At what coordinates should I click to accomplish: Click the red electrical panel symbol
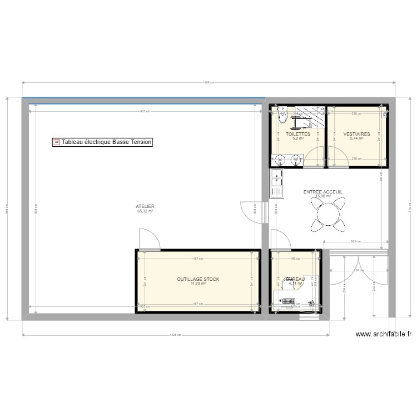pos(56,142)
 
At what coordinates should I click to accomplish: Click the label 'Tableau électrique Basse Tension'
pos(106,142)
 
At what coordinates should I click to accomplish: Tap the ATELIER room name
pos(145,206)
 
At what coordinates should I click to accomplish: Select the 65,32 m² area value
pos(145,211)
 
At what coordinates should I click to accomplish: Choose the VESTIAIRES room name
pos(356,134)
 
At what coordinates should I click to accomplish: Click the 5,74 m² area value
pos(356,139)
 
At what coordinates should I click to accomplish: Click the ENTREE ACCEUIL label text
pos(322,191)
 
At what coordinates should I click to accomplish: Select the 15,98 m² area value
pos(322,196)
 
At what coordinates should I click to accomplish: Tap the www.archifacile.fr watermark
pos(384,335)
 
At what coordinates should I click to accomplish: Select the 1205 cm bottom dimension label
pos(176,335)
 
